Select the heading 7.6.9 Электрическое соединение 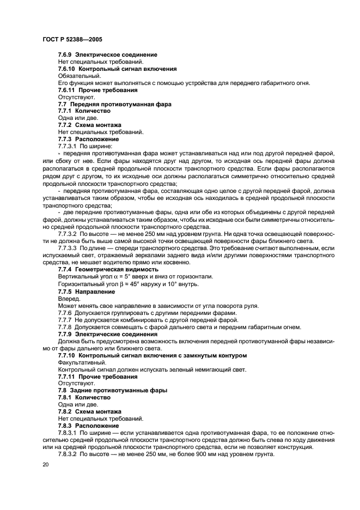point(108,54)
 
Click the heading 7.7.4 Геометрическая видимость point(108,269)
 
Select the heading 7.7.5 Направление point(87,292)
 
